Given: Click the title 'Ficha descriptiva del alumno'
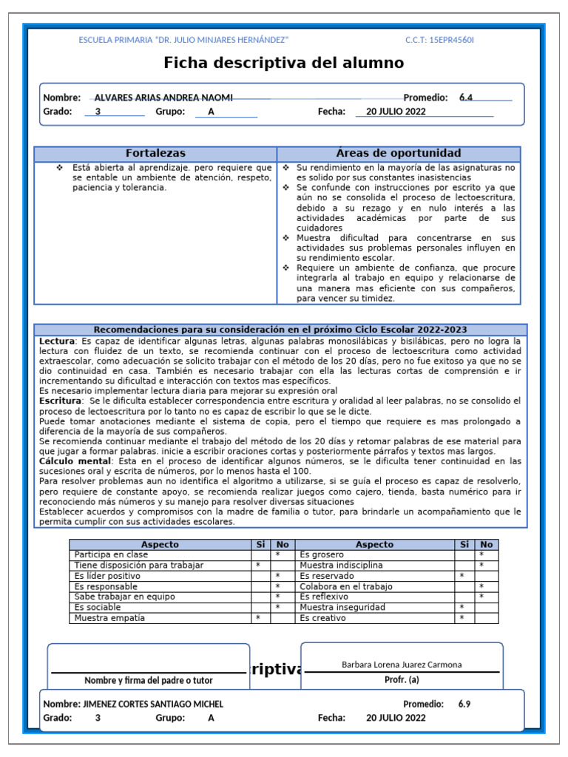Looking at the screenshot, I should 283,63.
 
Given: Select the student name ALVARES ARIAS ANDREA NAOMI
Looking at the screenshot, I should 163,98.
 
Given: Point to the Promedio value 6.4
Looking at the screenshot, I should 466,98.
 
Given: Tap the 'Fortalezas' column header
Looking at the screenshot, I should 155,153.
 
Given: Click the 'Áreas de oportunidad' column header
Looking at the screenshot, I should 399,153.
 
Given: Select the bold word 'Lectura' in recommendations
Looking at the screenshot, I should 57,342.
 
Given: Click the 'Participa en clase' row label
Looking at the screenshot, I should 111,554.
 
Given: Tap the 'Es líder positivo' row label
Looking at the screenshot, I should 108,576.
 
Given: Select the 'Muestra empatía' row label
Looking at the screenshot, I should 109,618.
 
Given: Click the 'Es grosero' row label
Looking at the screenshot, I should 322,554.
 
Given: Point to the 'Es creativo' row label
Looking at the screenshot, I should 322,618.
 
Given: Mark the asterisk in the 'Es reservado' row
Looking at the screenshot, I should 462,576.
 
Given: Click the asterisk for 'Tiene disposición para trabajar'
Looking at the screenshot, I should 258,565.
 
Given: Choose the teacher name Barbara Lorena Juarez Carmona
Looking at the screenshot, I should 402,665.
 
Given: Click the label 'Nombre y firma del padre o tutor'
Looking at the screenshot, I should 149,680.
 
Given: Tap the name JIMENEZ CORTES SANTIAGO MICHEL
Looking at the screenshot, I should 154,705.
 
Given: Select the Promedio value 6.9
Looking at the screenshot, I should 464,705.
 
